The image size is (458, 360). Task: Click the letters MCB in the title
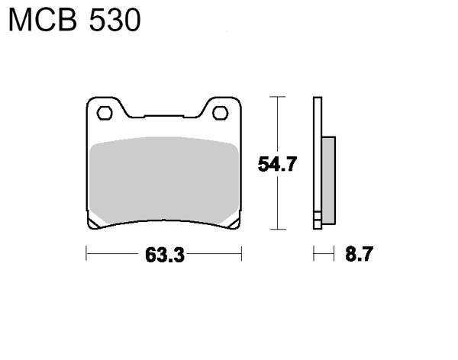(x=43, y=20)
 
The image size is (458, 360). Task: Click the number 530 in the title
(x=114, y=20)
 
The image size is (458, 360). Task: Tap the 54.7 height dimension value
(x=277, y=164)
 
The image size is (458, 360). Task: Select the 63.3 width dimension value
(x=165, y=255)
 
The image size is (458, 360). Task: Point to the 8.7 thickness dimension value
(x=359, y=254)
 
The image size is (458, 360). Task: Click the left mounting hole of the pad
(x=105, y=114)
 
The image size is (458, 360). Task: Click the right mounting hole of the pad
(x=221, y=114)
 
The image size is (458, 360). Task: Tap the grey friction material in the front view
(x=164, y=178)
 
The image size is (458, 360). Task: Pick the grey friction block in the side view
(x=328, y=180)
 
